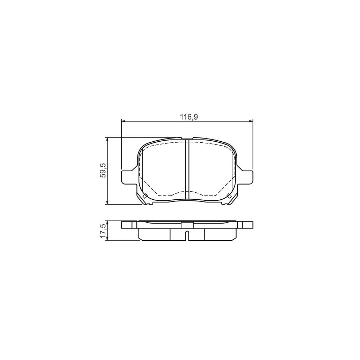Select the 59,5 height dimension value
(x=103, y=171)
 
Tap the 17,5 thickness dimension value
(x=103, y=231)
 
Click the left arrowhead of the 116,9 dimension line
(x=123, y=121)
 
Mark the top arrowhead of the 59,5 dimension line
(x=108, y=139)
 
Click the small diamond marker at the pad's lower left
(x=144, y=196)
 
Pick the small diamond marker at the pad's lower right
(x=229, y=196)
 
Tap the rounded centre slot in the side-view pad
(x=187, y=236)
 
